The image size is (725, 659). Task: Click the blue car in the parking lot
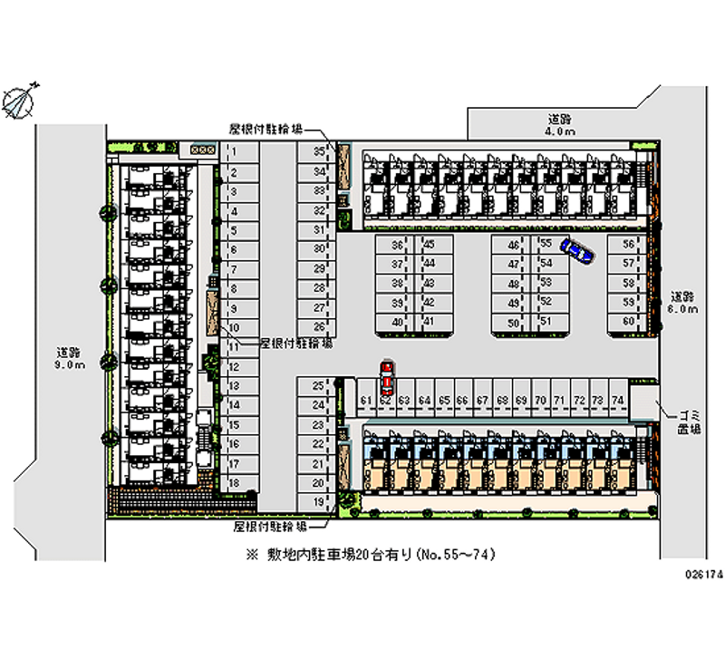(575, 250)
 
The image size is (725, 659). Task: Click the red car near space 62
(387, 373)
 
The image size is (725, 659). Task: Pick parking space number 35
(318, 151)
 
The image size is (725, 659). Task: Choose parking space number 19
(318, 501)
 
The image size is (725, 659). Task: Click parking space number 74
(617, 399)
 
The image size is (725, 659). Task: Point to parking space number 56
(628, 245)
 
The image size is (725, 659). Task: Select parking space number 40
(397, 322)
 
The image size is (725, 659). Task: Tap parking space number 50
(513, 323)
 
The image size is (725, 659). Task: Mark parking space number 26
(318, 326)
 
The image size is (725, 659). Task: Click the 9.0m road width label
(69, 359)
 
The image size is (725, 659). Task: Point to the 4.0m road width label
(559, 125)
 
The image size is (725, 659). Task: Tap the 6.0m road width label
(684, 303)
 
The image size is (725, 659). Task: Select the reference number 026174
(701, 575)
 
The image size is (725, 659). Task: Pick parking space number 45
(429, 245)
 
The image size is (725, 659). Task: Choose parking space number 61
(365, 399)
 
